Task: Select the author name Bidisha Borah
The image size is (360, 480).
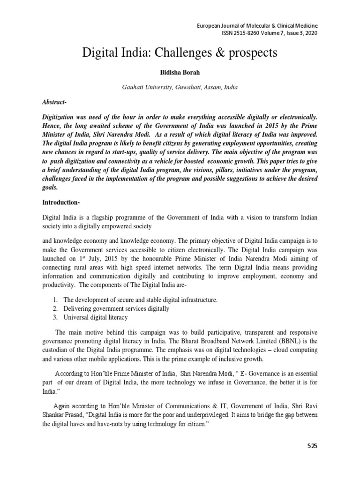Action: coord(180,73)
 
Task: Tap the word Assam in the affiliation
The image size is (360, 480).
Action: coord(216,87)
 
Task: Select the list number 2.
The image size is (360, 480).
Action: coord(55,308)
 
